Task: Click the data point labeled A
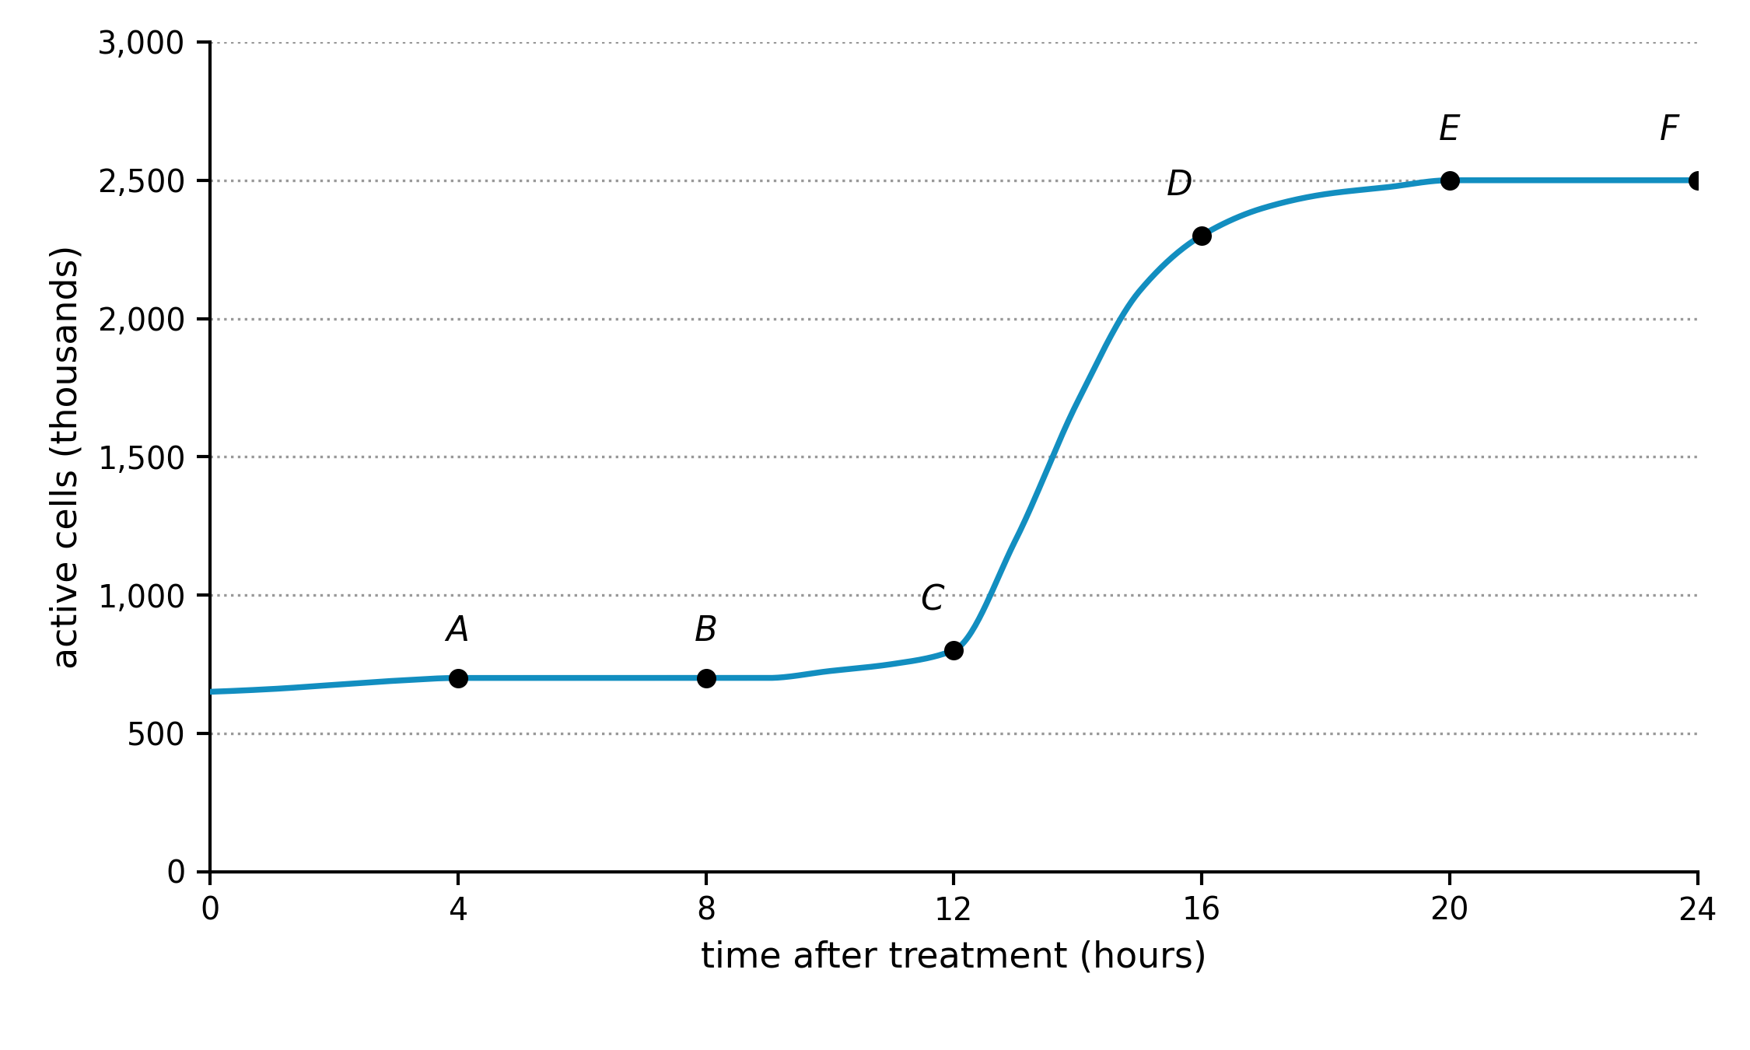[x=458, y=678]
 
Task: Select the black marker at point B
[x=706, y=678]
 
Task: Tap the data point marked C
[x=954, y=650]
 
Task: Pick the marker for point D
[x=1202, y=236]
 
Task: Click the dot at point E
[x=1450, y=180]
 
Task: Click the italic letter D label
[x=1179, y=184]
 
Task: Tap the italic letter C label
[x=932, y=598]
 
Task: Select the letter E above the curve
[x=1449, y=128]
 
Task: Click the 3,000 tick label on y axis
[x=141, y=44]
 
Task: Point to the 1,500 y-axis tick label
[x=141, y=458]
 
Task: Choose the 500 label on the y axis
[x=156, y=734]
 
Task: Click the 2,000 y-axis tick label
[x=141, y=320]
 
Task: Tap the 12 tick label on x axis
[x=954, y=909]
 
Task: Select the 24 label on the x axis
[x=1697, y=909]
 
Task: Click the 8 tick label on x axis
[x=706, y=909]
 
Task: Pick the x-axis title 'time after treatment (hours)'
[x=954, y=956]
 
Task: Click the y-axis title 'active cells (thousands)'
[x=65, y=457]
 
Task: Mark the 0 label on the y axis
[x=176, y=873]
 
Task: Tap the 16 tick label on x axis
[x=1202, y=909]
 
